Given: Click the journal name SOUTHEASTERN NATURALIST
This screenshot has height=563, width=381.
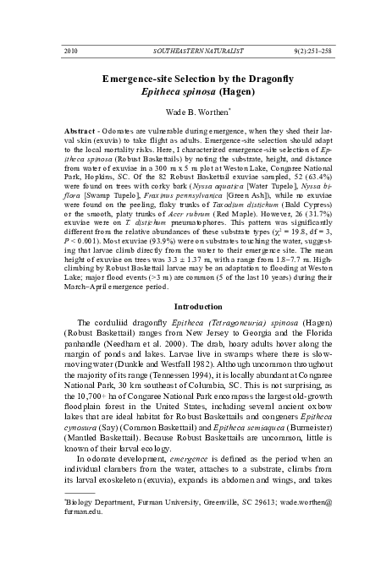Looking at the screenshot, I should pos(190,52).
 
